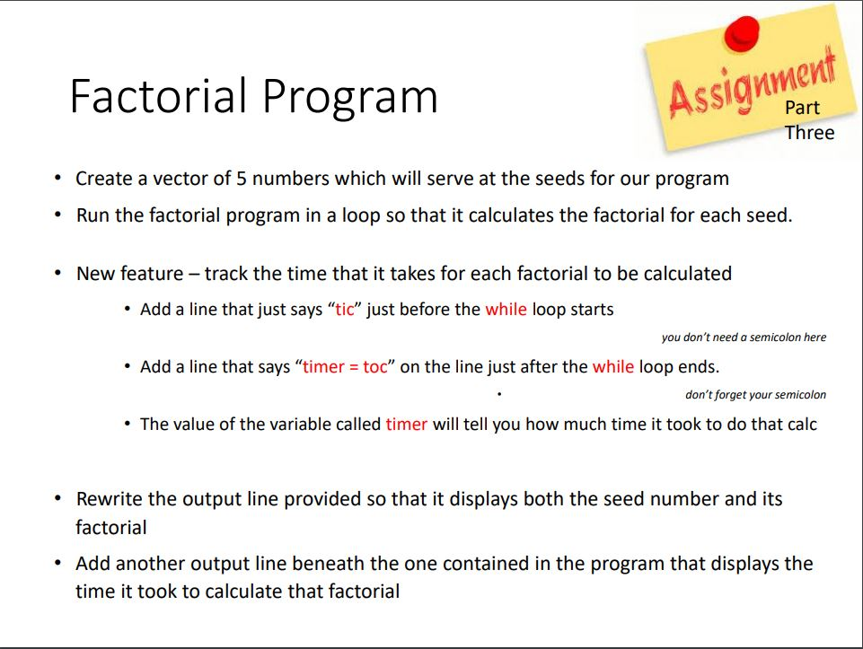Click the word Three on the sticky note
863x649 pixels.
pos(809,133)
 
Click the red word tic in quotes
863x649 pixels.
pos(345,310)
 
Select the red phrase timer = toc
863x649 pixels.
pos(345,367)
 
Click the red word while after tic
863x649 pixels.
pos(506,310)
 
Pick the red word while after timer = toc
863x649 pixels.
pos(612,367)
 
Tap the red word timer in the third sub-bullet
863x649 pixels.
pos(406,424)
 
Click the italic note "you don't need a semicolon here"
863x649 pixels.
pos(744,338)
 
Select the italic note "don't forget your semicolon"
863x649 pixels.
pos(755,395)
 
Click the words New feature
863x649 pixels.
pos(127,273)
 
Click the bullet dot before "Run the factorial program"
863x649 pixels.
pos(58,216)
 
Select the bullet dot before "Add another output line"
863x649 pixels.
pos(58,564)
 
